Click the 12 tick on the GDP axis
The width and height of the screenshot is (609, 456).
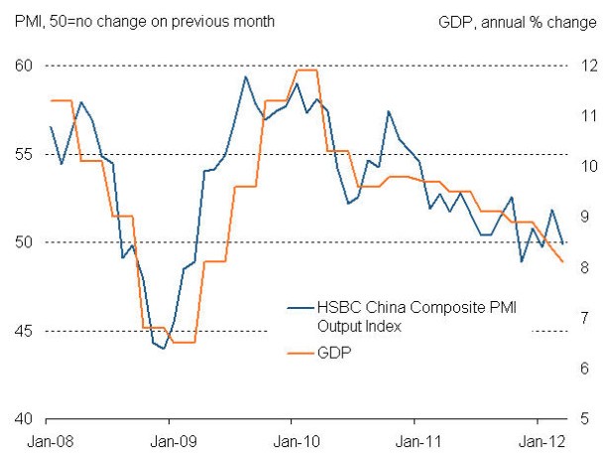587,66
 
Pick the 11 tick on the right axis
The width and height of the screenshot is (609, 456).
587,116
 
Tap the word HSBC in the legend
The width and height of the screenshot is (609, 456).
334,309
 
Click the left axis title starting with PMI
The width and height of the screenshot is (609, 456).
145,21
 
